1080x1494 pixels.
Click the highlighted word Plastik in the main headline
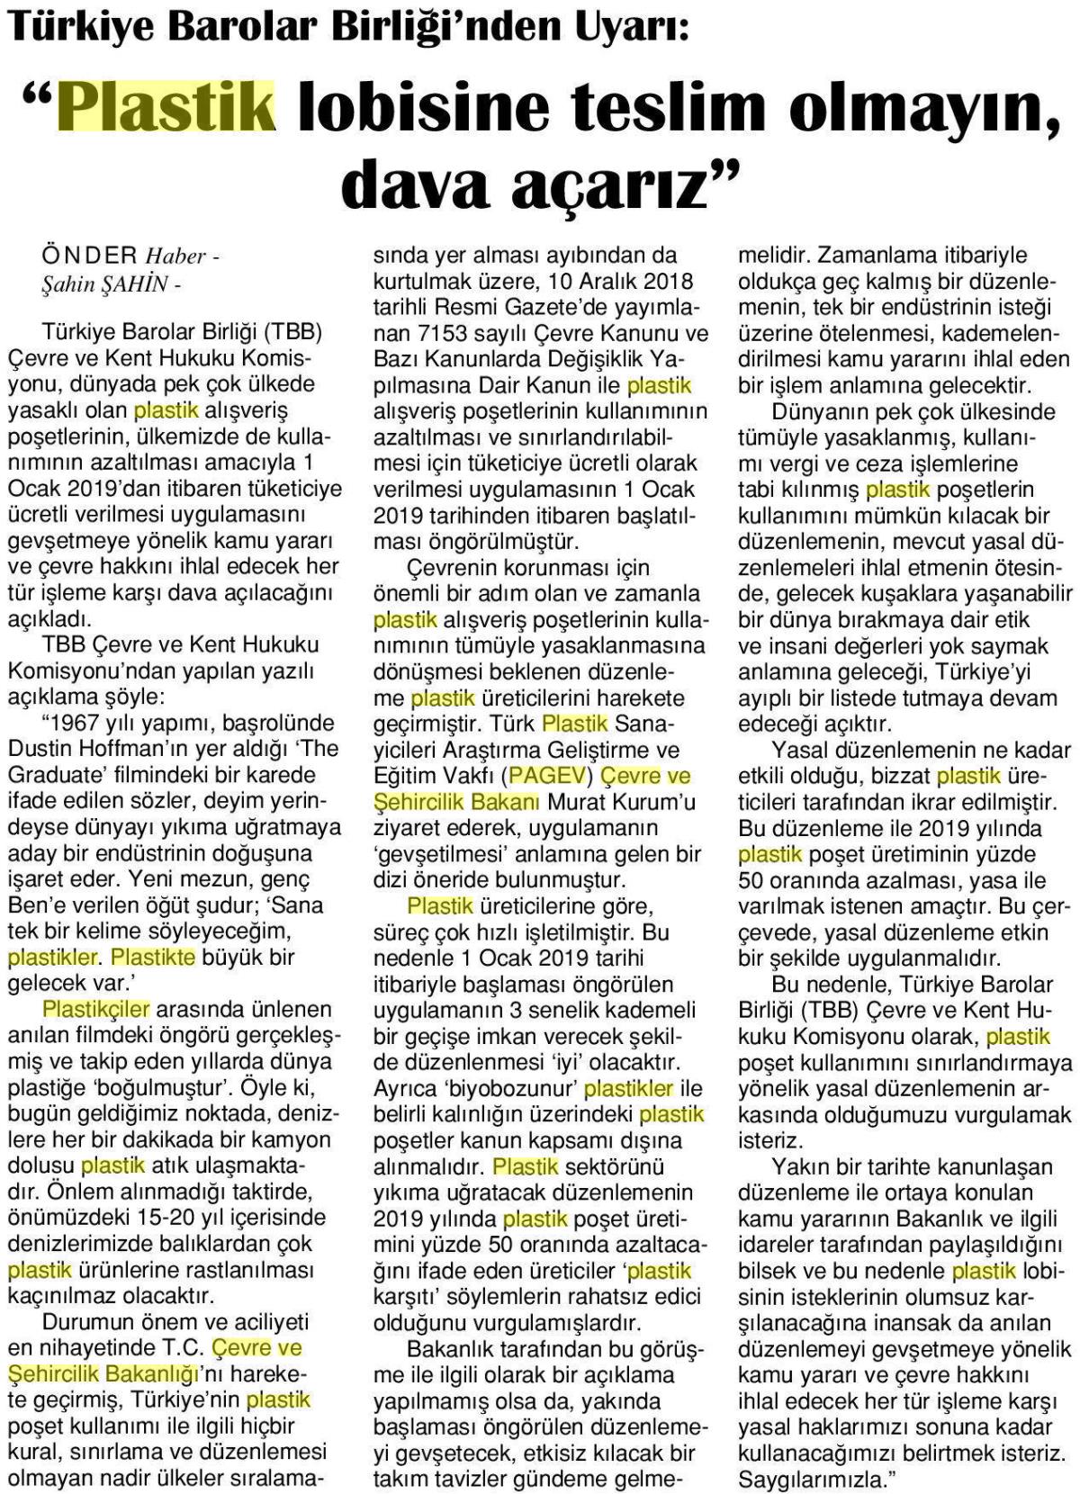[166, 107]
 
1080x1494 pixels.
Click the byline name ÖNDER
[93, 256]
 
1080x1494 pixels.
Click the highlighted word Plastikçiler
[96, 1009]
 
